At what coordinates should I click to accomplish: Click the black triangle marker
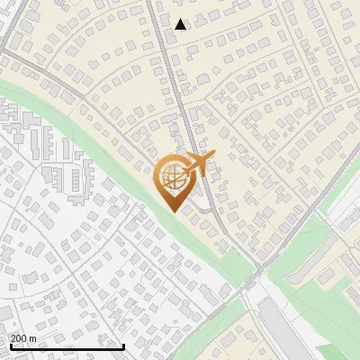(x=181, y=24)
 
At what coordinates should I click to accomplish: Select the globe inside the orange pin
(x=174, y=179)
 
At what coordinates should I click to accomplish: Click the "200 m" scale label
(x=23, y=338)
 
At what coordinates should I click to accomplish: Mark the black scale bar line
(x=67, y=346)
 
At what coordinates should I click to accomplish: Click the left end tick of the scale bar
(x=10, y=345)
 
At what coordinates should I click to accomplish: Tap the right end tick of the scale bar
(x=123, y=345)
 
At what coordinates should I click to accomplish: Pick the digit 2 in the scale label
(x=13, y=338)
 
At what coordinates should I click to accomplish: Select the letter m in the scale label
(x=32, y=338)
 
